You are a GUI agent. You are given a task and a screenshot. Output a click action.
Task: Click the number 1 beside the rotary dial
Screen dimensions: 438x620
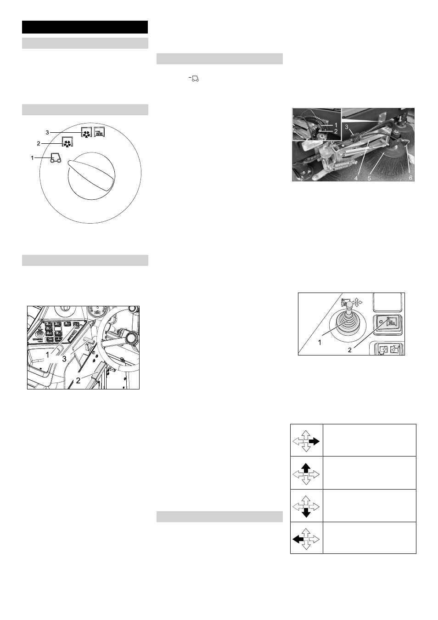[x=33, y=158]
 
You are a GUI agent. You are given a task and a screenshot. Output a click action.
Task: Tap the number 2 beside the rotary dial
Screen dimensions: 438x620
[x=39, y=143]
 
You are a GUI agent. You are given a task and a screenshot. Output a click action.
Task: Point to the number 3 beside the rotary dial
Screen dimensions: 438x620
[x=47, y=133]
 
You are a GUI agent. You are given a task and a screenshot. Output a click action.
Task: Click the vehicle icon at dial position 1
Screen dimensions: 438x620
[x=56, y=158]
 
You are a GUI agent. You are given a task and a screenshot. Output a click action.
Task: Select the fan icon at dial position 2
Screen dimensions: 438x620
[x=67, y=142]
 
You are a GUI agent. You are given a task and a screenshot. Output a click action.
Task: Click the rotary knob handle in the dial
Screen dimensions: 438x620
[x=91, y=175]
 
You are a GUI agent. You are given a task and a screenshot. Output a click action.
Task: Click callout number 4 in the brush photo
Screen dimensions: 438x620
[x=356, y=178]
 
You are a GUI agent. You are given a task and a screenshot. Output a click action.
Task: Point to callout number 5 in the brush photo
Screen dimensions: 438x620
[x=369, y=178]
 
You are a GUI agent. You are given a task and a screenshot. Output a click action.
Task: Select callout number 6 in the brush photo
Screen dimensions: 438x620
[x=410, y=178]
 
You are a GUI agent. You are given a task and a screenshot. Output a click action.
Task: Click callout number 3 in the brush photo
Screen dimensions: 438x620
[x=347, y=127]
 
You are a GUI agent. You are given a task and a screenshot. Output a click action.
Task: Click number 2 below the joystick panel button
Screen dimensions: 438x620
[x=350, y=350]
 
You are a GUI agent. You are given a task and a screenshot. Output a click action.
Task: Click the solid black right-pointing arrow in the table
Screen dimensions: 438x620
[x=314, y=441]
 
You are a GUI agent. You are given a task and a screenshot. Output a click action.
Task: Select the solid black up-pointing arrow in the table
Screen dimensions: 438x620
[x=306, y=468]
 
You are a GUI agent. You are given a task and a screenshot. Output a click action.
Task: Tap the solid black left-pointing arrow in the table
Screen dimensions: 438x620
[x=298, y=539]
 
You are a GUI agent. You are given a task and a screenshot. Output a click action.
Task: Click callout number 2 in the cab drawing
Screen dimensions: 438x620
[x=78, y=381]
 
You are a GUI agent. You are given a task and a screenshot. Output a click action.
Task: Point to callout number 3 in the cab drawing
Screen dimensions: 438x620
[x=64, y=359]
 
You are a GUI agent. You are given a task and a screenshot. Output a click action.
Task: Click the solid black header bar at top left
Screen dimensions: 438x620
[x=85, y=27]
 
